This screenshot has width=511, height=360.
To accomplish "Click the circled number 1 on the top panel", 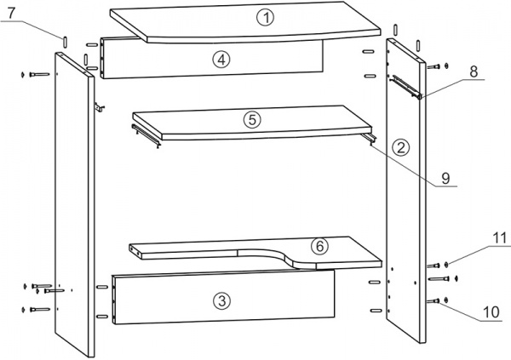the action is [x=266, y=18].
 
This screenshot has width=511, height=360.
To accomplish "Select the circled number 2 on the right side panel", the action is [x=400, y=147].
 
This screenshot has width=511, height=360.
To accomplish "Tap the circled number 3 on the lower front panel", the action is [x=221, y=300].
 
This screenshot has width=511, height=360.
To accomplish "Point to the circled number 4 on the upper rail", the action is [x=221, y=60].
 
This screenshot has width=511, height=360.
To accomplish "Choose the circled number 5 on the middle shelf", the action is [x=252, y=120].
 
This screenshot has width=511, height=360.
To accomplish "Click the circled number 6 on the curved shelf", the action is [x=319, y=246].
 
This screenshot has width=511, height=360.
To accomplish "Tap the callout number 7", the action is [x=11, y=13].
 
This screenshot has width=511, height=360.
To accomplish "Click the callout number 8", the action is [x=474, y=71].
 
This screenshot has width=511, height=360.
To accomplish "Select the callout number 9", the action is [x=445, y=178].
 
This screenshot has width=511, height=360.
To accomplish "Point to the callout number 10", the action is [x=491, y=312].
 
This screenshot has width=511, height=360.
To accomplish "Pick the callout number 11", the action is [x=499, y=238].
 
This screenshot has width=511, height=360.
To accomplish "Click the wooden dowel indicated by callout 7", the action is [x=65, y=43].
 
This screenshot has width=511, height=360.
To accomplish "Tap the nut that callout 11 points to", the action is [x=445, y=265].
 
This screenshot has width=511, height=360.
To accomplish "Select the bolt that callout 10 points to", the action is [x=433, y=301].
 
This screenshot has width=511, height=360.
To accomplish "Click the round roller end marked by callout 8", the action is [x=420, y=96].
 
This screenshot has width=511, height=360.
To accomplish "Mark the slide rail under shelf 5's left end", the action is [x=146, y=135].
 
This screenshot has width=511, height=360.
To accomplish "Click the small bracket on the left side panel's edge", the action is [x=99, y=107].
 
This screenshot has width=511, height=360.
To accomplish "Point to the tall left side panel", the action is [x=74, y=204].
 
